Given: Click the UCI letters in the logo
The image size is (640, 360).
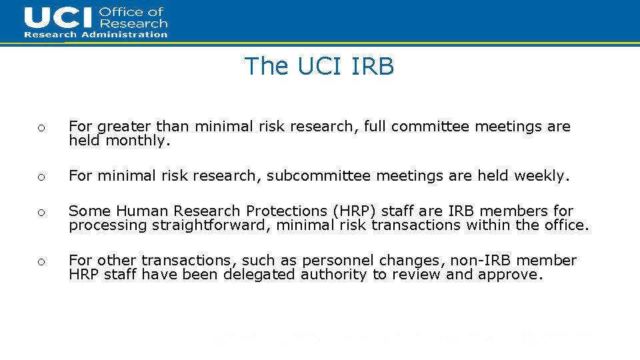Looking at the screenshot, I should click(59, 18).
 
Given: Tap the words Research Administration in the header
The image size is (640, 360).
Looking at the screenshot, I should click(96, 35).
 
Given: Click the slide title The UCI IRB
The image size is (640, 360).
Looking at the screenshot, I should click(319, 66).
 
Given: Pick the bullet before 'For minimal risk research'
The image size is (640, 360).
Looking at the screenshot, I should click(41, 177).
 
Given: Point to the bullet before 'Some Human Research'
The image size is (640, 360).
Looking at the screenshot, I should click(41, 213).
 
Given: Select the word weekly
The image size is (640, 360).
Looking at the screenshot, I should click(542, 176).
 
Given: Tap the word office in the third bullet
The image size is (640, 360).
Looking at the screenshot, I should click(565, 225).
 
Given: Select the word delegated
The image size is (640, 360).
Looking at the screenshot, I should click(256, 275).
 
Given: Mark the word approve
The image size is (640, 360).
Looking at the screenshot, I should click(511, 275).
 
